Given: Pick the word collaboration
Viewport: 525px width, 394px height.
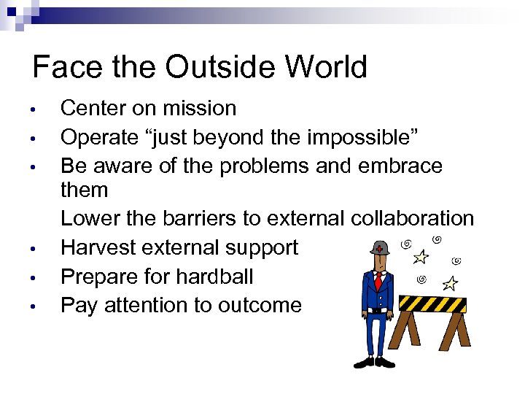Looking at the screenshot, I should click(412, 219).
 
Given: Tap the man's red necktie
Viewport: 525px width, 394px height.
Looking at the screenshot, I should click(378, 280).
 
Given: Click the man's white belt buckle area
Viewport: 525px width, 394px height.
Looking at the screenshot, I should click(378, 309).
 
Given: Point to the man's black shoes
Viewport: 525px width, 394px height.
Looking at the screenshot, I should click(374, 363).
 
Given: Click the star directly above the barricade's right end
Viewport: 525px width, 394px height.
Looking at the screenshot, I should click(451, 283).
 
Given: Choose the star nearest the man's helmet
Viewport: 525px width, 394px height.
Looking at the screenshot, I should click(420, 256).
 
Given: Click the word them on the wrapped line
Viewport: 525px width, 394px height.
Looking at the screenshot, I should click(84, 190).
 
